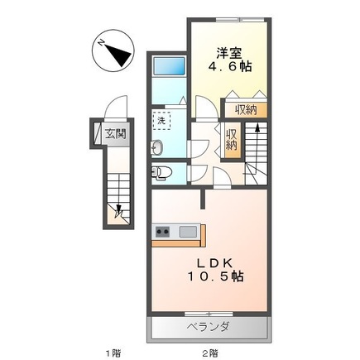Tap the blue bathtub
169,66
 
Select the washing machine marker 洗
161,121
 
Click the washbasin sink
157,147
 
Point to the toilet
161,173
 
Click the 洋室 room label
228,53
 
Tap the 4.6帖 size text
229,66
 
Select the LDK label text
214,263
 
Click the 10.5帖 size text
216,276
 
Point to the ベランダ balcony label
209,328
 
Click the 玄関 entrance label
115,134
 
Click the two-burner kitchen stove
162,232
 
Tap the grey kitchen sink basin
188,232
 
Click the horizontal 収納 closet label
246,110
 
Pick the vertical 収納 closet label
232,140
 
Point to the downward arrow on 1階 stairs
118,201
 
